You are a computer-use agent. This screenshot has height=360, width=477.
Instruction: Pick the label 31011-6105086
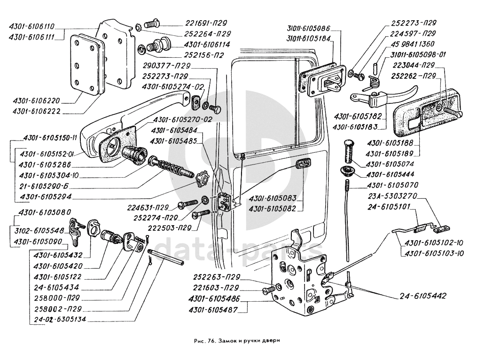[311, 29]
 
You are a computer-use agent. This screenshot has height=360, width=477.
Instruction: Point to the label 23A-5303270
[392, 195]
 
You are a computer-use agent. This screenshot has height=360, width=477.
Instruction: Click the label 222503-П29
[156, 228]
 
